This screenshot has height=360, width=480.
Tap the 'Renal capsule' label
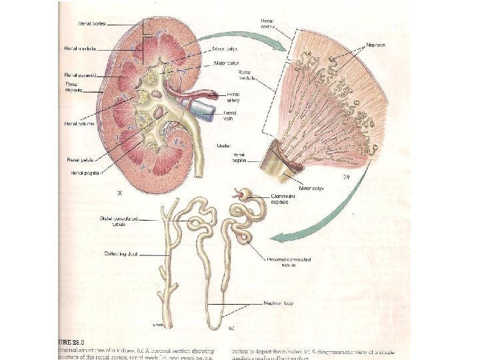click(x=73, y=88)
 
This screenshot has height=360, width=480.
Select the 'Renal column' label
click(x=79, y=123)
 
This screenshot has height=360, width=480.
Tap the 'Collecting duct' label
click(x=119, y=253)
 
